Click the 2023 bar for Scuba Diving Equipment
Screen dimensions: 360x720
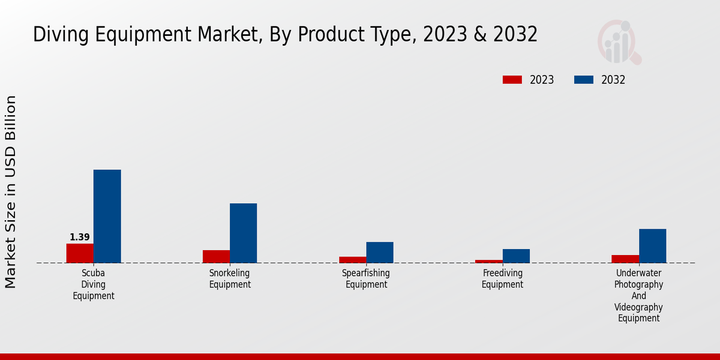coord(80,253)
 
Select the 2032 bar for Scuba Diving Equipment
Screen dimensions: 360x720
coord(107,216)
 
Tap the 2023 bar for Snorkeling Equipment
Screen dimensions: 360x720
coord(216,256)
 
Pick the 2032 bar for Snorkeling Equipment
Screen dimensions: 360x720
coord(243,233)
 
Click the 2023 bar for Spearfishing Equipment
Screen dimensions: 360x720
coord(352,260)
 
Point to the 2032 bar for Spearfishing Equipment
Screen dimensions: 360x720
coord(380,252)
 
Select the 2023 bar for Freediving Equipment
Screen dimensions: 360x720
coord(488,261)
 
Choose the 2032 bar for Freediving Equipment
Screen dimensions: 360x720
coord(516,256)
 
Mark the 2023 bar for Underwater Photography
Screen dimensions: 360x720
coord(625,259)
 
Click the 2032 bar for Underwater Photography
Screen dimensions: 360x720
coord(652,245)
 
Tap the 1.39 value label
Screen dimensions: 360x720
coord(80,237)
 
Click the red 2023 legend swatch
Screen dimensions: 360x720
coord(512,80)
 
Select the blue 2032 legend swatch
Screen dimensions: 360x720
coord(584,80)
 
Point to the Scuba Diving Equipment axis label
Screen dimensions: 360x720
coord(94,284)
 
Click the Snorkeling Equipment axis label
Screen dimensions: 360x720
coord(230,279)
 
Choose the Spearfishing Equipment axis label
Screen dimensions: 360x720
coord(366,279)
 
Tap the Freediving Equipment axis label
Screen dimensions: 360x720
coord(503,279)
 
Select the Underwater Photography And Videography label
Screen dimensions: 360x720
coord(639,296)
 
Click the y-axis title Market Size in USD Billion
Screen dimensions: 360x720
coord(11,192)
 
